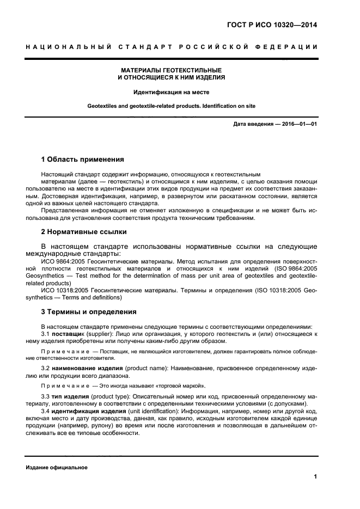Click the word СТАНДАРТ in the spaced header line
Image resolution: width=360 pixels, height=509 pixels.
pos(145,47)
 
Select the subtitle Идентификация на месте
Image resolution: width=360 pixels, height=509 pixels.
pos(172,92)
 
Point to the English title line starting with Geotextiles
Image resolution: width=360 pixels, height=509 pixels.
pos(172,106)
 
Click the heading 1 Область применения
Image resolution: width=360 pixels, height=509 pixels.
pos(83,160)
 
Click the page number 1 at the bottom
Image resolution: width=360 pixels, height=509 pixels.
pos(315,476)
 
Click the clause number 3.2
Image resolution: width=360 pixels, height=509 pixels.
pos(46,369)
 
